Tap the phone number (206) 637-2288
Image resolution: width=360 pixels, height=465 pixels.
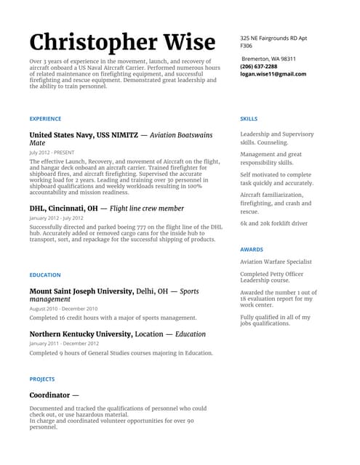(x=258, y=66)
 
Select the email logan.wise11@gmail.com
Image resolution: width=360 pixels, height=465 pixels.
(x=273, y=74)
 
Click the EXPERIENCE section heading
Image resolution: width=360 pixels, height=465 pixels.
(x=45, y=118)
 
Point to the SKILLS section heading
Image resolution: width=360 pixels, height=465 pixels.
(x=248, y=118)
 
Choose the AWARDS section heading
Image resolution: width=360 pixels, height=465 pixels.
(x=252, y=249)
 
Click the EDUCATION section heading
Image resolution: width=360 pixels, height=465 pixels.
(x=45, y=275)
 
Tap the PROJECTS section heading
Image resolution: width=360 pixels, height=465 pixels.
(x=42, y=379)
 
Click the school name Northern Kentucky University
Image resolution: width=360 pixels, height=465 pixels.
(x=81, y=334)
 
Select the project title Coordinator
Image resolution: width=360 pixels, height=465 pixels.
(x=49, y=395)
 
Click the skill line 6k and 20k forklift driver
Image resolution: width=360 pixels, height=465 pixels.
(x=273, y=224)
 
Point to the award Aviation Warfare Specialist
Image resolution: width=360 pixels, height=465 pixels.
(x=276, y=262)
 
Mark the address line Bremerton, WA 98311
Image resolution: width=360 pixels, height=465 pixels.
(x=269, y=58)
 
